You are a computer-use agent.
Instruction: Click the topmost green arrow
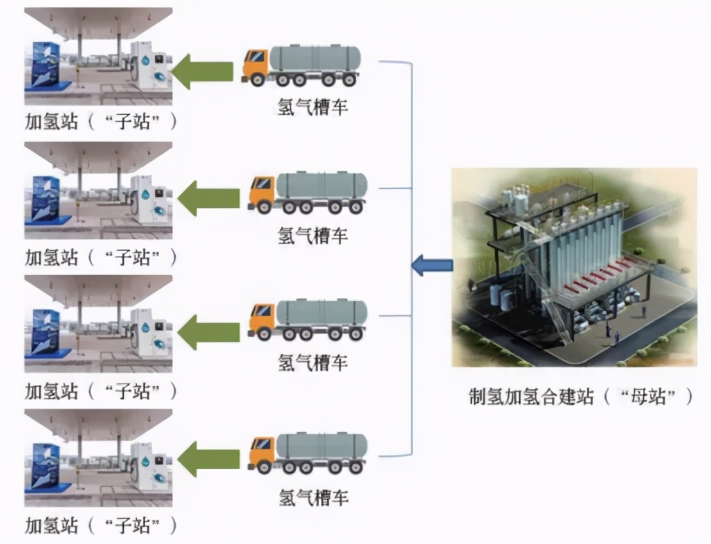click(203, 71)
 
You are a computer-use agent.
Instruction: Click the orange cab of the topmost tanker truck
click(255, 65)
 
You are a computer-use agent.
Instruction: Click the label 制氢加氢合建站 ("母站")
click(581, 396)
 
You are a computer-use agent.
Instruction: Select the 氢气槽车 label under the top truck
click(313, 106)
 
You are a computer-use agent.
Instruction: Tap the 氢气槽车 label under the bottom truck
click(313, 496)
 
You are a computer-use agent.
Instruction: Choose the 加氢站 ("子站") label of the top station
click(100, 121)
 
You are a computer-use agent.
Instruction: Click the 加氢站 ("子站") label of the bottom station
click(100, 526)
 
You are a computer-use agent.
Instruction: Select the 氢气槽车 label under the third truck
click(313, 362)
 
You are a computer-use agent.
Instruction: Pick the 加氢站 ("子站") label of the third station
click(100, 391)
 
